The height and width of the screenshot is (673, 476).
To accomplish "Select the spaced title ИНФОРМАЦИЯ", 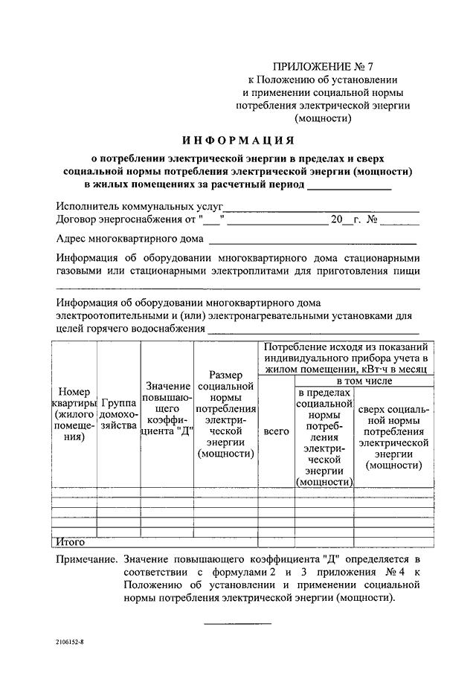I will point(238,139).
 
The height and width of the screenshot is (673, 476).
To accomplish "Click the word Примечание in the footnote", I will point(86,557).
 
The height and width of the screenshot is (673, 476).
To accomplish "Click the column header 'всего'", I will point(277,431).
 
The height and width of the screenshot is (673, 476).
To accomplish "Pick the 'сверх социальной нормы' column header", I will point(394,437).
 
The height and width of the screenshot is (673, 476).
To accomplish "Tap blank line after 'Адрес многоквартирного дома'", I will point(312,242).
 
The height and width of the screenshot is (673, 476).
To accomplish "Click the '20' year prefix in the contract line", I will point(336,220).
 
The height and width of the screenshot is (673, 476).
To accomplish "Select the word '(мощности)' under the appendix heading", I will point(323,117).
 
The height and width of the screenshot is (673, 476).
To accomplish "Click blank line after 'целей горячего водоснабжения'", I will point(313,332).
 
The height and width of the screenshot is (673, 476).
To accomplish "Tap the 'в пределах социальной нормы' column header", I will point(324,437).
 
